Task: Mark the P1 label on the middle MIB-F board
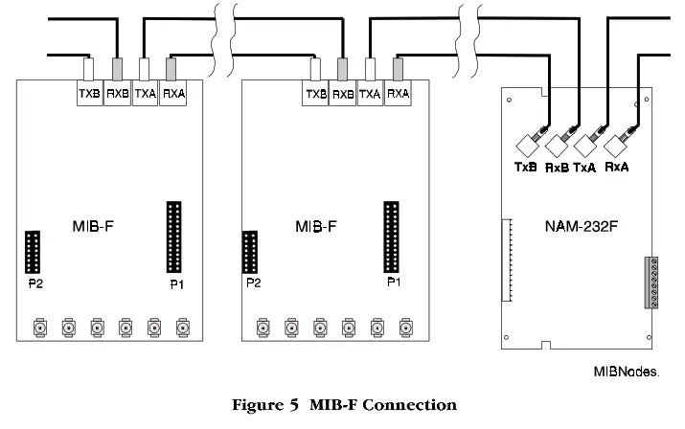point(393,284)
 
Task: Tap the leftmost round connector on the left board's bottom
point(40,327)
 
